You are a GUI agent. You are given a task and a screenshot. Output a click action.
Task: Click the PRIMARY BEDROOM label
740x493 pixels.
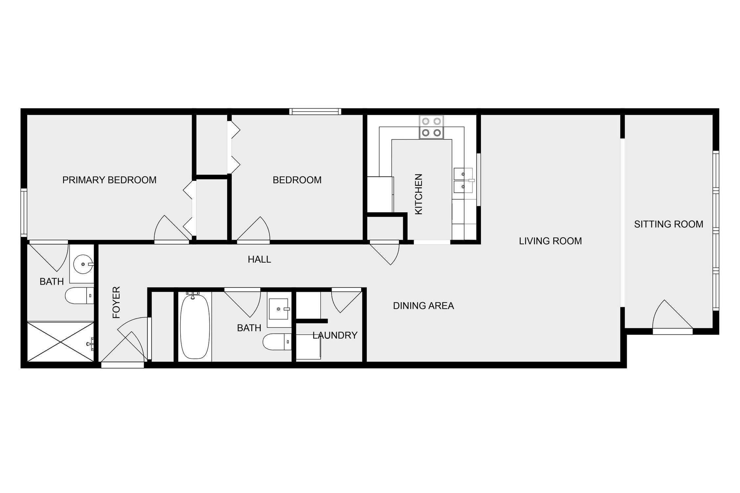click(109, 180)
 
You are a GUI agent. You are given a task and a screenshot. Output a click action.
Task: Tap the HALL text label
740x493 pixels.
click(259, 259)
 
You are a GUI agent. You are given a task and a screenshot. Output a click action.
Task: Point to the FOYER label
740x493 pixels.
click(117, 302)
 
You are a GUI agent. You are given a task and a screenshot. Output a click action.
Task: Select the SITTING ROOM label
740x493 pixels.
click(669, 224)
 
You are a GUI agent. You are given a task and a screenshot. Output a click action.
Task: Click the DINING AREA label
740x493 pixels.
click(424, 306)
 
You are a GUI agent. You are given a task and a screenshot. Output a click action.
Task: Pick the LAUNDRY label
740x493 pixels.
click(335, 335)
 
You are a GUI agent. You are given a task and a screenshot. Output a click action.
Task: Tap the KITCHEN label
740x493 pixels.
click(419, 194)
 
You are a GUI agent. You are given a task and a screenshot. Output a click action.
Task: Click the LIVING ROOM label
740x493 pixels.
click(550, 241)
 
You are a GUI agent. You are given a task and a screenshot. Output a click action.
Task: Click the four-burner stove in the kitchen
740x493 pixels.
click(431, 127)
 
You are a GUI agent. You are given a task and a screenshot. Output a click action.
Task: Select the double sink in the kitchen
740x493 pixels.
click(464, 180)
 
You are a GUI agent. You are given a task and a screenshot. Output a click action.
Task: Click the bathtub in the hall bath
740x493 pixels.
click(195, 327)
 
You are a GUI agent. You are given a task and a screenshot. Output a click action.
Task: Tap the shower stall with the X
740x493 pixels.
click(60, 341)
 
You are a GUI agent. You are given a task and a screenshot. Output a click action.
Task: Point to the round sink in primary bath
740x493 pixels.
click(83, 264)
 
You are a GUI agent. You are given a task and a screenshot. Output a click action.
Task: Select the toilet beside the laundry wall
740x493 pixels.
click(277, 342)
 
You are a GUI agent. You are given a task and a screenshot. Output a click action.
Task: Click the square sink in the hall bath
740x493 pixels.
click(279, 309)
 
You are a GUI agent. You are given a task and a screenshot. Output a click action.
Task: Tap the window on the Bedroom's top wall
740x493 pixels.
click(315, 112)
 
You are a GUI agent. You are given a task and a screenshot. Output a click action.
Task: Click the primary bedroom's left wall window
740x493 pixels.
click(24, 212)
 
